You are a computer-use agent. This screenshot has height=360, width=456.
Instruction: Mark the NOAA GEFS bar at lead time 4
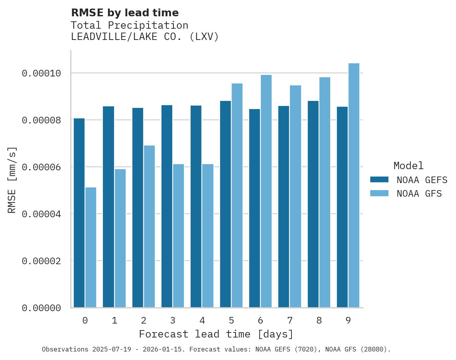click(196, 206)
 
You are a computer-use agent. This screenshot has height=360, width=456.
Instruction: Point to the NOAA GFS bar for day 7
click(295, 196)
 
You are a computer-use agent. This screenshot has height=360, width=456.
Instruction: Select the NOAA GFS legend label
click(419, 194)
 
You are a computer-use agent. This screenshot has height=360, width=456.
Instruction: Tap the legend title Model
click(408, 166)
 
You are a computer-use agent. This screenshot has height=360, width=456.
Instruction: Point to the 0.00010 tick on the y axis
click(41, 73)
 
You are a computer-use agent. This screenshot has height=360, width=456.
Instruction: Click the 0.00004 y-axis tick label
click(41, 214)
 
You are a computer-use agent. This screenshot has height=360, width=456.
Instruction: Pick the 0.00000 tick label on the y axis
click(41, 308)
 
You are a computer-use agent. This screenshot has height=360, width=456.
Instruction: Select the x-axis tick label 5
click(231, 320)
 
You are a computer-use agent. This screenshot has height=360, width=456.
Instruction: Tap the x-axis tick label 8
click(319, 320)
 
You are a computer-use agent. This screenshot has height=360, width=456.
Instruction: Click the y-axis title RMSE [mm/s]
click(12, 180)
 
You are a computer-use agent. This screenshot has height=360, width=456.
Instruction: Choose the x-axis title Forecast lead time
click(216, 334)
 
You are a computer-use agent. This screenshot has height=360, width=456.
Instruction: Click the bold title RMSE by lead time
click(125, 13)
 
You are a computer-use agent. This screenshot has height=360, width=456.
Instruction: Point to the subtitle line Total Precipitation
click(130, 26)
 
